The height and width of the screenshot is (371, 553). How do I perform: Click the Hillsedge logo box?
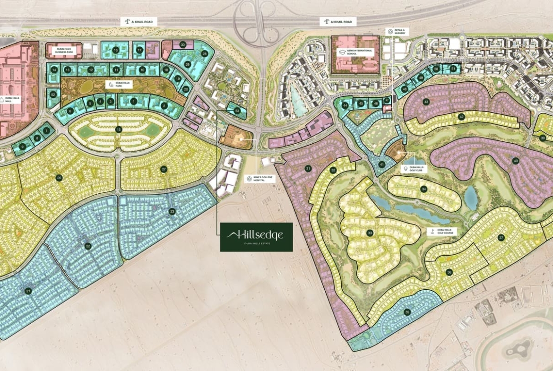(256, 237)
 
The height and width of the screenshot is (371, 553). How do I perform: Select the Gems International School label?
(355, 52)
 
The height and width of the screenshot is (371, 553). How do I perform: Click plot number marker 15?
(119, 129)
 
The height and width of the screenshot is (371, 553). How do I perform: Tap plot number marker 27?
(164, 169)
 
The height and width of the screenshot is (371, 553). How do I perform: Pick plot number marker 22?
(88, 246)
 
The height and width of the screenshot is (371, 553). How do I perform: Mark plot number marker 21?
(28, 291)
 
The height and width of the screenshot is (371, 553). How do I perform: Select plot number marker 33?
(370, 233)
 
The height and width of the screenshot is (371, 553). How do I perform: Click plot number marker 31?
(308, 169)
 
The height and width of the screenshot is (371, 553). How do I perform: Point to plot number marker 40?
(516, 161)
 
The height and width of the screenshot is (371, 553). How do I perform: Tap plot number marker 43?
(426, 102)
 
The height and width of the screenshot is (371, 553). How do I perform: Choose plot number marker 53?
(237, 111)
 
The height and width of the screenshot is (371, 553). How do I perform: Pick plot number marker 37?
(501, 238)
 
